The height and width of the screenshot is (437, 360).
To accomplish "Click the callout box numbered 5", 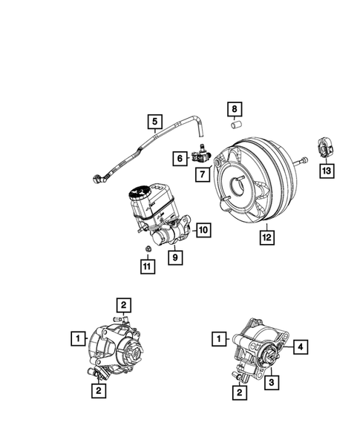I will click(x=154, y=121).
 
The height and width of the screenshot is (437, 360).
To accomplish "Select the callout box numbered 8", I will click(x=234, y=111).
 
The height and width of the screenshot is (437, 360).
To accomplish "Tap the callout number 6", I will click(x=180, y=157).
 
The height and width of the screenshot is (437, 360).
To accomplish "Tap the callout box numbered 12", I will click(x=265, y=237).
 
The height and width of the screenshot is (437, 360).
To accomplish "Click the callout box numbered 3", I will click(x=272, y=382).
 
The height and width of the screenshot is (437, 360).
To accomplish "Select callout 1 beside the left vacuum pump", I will click(x=76, y=339).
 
